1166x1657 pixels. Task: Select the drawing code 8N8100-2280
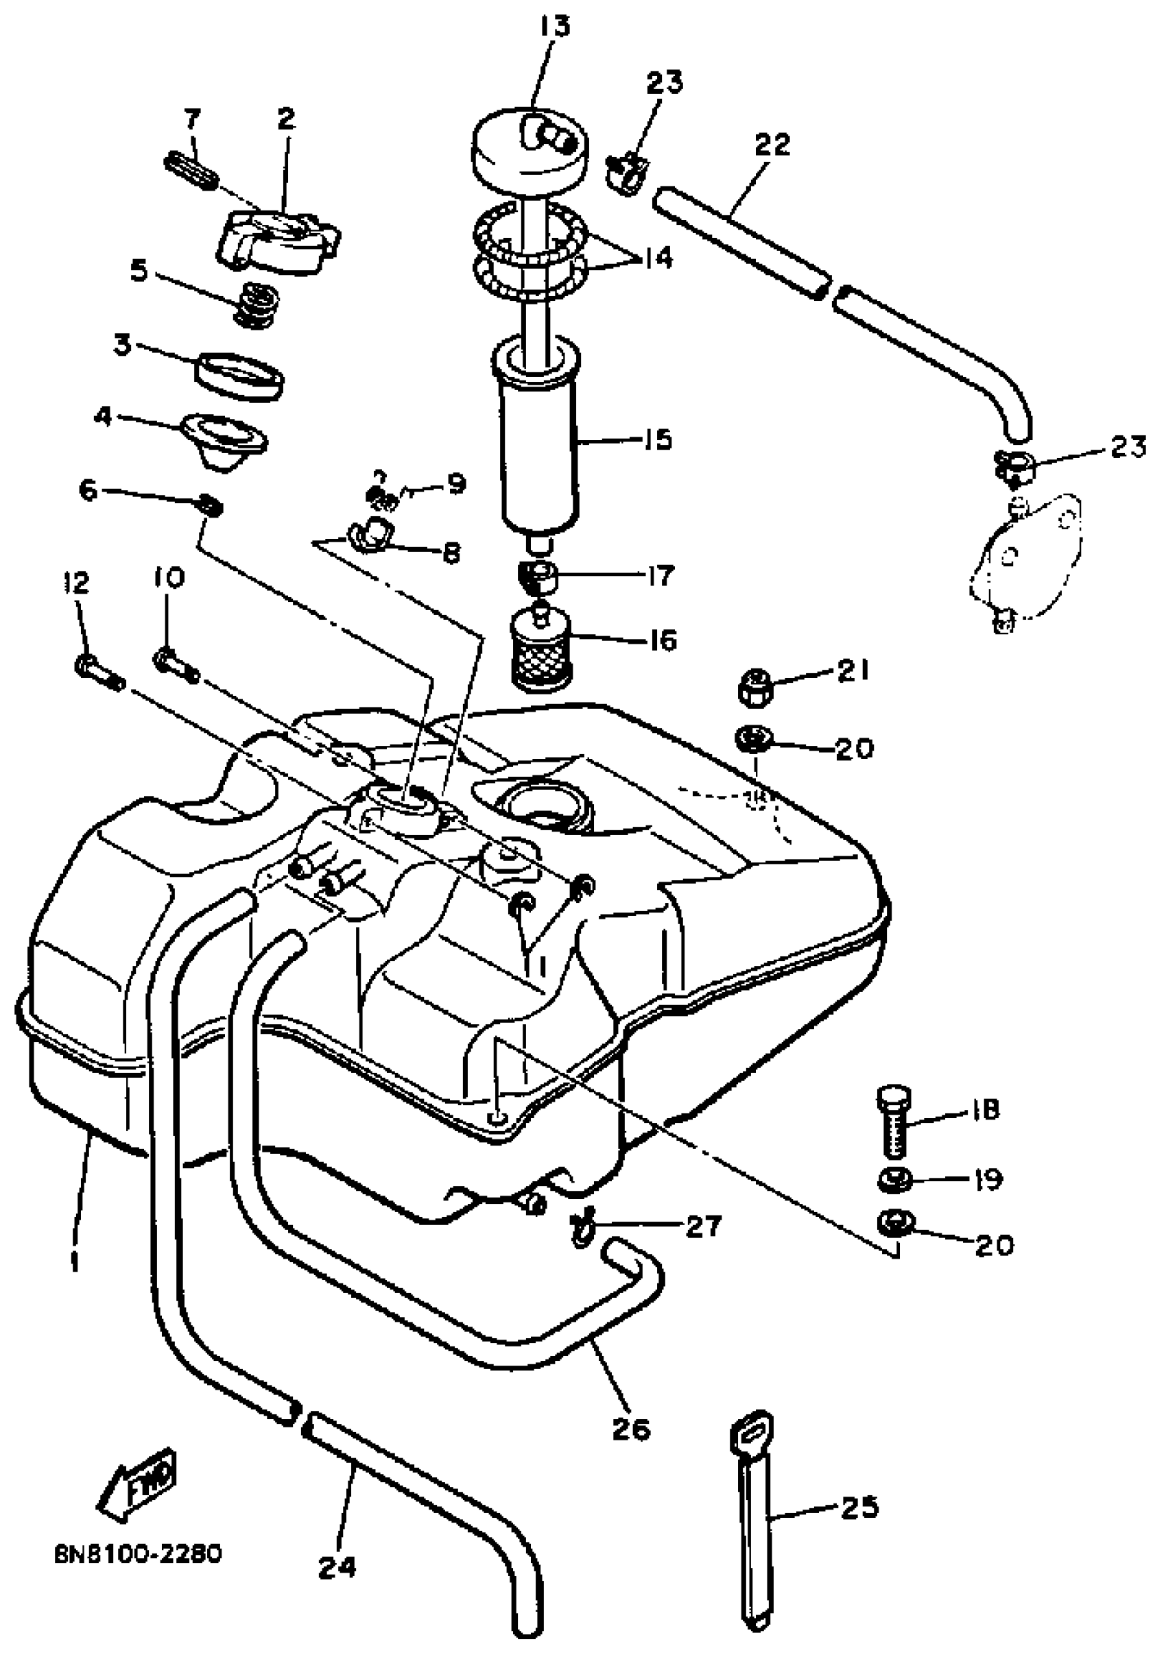pos(138,1553)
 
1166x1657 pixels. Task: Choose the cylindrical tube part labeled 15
pos(538,440)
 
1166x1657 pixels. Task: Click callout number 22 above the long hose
pos(772,145)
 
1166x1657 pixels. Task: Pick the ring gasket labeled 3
pos(239,376)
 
